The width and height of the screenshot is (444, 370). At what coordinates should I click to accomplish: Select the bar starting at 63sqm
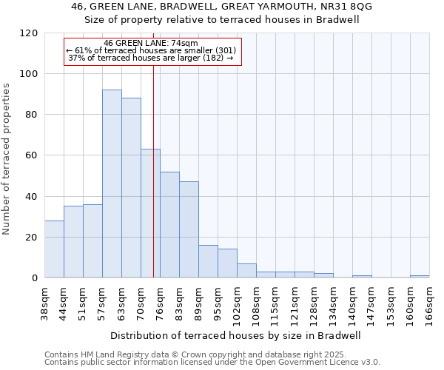click(131, 188)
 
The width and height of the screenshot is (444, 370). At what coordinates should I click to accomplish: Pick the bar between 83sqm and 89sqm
click(189, 229)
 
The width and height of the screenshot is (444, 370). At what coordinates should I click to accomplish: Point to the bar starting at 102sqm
click(246, 271)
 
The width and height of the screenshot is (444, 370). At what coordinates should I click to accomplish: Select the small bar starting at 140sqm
click(362, 276)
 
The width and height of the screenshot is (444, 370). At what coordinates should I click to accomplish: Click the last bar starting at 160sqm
click(420, 276)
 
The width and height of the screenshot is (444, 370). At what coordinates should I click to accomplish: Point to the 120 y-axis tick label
click(30, 33)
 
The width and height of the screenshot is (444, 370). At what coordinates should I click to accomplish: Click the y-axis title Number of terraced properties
click(7, 159)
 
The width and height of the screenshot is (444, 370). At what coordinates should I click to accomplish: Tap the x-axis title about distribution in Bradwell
click(237, 335)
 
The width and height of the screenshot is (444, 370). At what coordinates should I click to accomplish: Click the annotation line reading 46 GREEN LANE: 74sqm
click(151, 44)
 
